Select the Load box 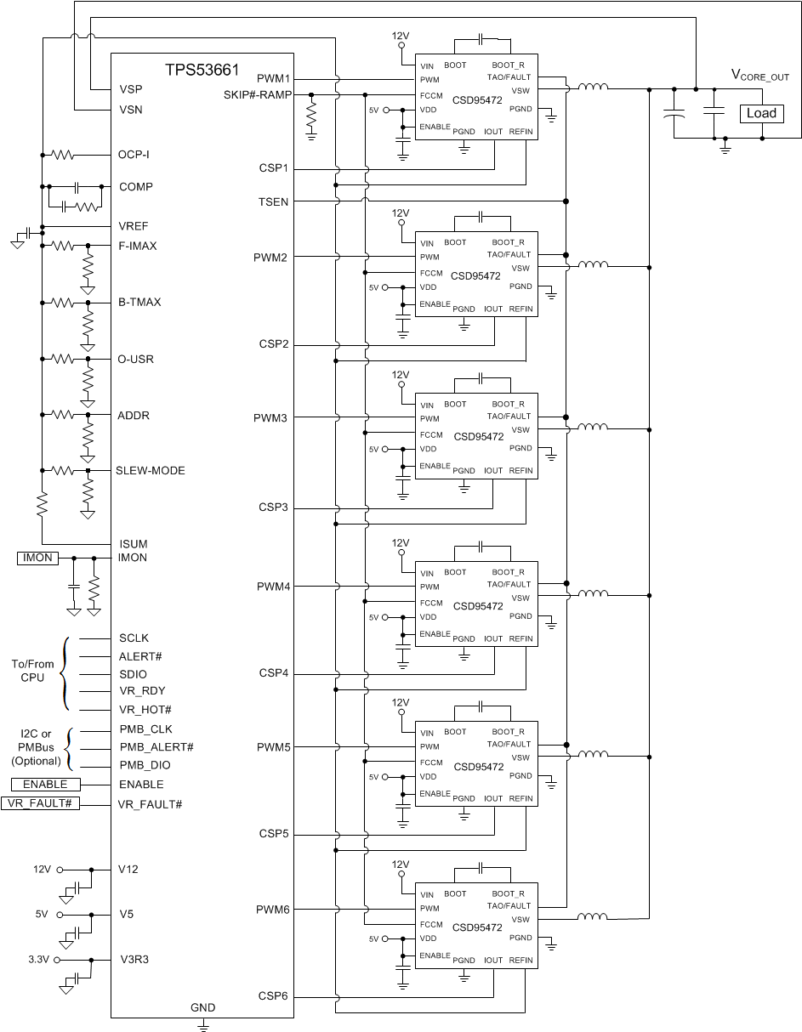tap(760, 113)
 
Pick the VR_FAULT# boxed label tap(41, 803)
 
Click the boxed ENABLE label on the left tap(45, 784)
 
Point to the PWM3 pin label tap(272, 418)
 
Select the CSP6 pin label tap(273, 995)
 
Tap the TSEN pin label tap(275, 201)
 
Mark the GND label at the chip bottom tap(202, 1007)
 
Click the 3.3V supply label tap(40, 959)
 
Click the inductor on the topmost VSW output tap(593, 87)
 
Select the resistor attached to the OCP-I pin tap(63, 155)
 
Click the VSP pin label tap(130, 89)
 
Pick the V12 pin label tap(128, 869)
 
